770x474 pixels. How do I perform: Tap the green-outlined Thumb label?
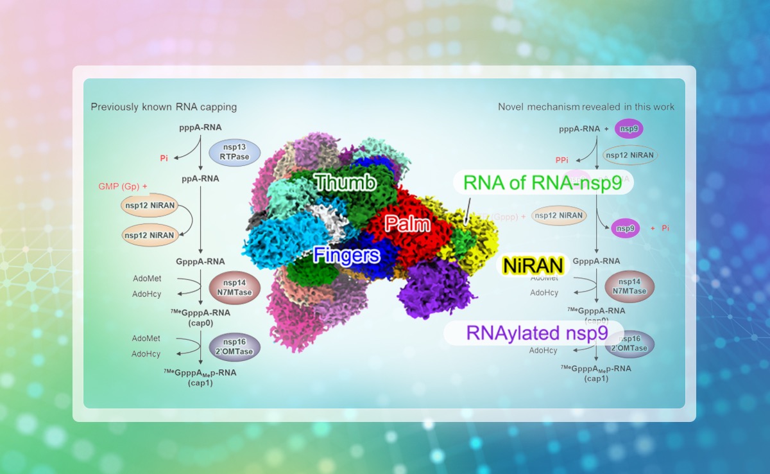[345, 183]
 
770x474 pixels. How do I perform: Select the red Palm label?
[407, 224]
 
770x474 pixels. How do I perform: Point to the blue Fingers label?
[346, 256]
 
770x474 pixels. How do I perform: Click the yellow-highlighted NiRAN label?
[533, 265]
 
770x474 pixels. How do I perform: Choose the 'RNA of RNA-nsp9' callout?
[543, 182]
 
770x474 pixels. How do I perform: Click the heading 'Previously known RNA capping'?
[164, 107]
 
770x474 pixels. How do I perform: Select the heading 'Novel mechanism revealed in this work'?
[586, 107]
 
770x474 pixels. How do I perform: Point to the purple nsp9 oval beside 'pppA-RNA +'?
[629, 128]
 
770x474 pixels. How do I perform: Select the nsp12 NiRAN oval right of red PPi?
[631, 155]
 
